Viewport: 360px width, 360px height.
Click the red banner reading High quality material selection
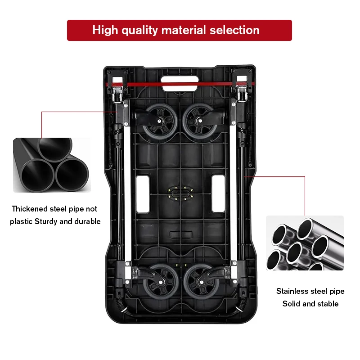tap(179, 30)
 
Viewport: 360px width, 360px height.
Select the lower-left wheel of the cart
tap(160, 281)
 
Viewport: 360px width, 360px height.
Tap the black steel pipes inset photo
tap(51, 165)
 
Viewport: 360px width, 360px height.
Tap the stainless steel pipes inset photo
tap(304, 243)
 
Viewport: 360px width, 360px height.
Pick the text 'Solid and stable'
tap(310, 304)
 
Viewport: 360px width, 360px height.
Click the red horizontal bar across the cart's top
tap(180, 84)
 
